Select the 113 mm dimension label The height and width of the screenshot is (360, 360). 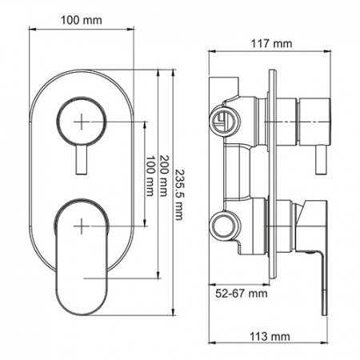click(268, 336)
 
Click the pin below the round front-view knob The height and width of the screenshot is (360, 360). click(82, 160)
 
